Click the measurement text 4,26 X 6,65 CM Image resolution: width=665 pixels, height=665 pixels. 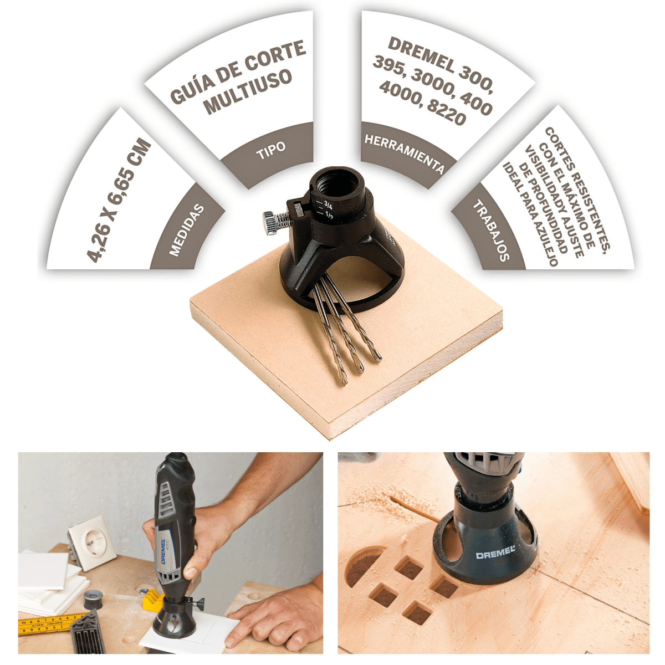[119, 200]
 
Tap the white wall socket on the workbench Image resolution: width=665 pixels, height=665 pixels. [92, 541]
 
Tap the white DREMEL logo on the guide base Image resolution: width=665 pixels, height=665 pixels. [495, 555]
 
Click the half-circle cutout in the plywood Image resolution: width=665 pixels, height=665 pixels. [364, 568]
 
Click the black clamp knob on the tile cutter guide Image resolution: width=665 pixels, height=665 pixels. [197, 604]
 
